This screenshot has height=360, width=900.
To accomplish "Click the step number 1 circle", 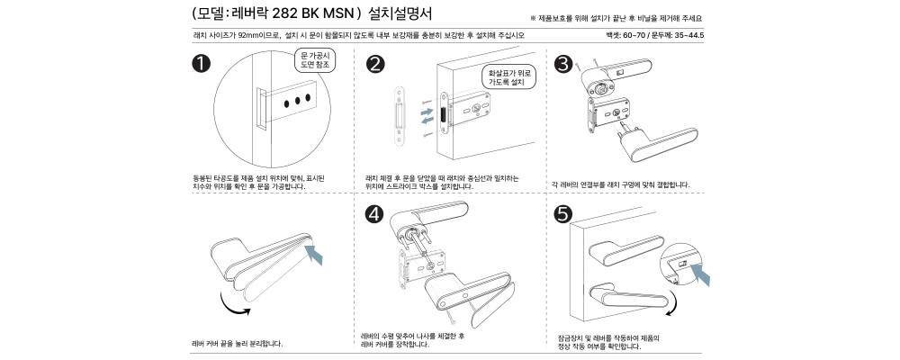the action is [202, 64].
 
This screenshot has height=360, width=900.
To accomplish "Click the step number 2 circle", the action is [374, 64].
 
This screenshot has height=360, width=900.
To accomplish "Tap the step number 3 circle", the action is [563, 64].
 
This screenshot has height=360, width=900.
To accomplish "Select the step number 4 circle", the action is [374, 214].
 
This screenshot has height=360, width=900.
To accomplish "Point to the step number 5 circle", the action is [562, 213].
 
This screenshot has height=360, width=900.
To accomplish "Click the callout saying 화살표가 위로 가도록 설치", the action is [509, 77].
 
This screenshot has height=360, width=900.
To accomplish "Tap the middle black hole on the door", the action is [297, 101].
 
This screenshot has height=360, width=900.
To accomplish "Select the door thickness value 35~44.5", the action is [689, 36].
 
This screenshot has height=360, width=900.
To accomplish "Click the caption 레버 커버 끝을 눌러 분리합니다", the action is [238, 344].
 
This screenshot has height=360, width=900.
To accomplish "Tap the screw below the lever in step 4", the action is [448, 317].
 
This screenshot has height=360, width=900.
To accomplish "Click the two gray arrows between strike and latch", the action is [427, 116].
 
